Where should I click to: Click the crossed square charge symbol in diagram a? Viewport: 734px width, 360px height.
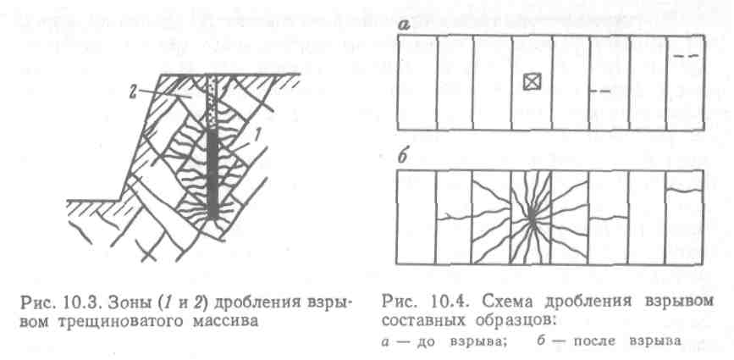pyautogui.click(x=531, y=82)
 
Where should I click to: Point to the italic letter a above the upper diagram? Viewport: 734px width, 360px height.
pyautogui.click(x=405, y=26)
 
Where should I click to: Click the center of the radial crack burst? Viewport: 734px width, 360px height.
pyautogui.click(x=531, y=219)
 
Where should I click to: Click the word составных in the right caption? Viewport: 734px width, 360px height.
pyautogui.click(x=419, y=322)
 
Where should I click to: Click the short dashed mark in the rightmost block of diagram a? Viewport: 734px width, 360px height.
pyautogui.click(x=687, y=56)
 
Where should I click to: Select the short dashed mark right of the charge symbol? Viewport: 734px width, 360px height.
pyautogui.click(x=599, y=91)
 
